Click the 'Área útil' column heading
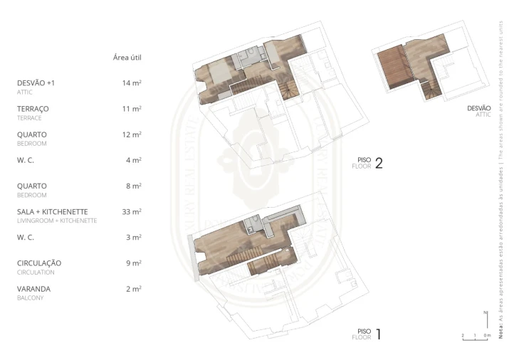(x=131, y=57)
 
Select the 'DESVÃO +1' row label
(x=36, y=83)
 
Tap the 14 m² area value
(x=132, y=83)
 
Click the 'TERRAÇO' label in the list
(x=33, y=109)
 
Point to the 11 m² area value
(x=132, y=109)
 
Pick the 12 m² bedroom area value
(x=132, y=134)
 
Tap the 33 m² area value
(x=132, y=212)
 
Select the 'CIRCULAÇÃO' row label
(x=39, y=263)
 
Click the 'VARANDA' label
(x=33, y=289)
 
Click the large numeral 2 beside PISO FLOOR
(x=379, y=164)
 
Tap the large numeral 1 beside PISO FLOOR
(x=379, y=334)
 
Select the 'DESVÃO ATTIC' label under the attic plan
(x=481, y=110)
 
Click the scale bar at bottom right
(x=476, y=339)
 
